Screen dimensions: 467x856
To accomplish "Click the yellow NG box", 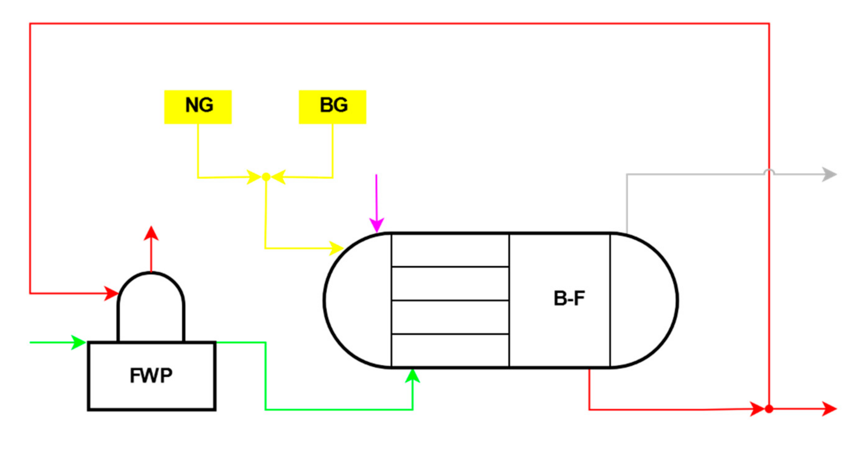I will tap(198, 107).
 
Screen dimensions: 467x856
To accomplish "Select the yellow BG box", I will tap(332, 107).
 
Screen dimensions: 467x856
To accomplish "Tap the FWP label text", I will tap(151, 376).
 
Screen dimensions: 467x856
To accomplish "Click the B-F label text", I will tap(569, 298).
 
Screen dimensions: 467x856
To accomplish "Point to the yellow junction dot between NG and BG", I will tap(266, 177).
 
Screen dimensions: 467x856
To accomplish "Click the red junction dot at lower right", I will tap(769, 409).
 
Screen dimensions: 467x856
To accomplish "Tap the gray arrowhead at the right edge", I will tap(829, 174).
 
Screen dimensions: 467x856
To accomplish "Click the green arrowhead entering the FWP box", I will tap(79, 342).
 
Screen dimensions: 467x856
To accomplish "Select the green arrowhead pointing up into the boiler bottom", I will tap(412, 376).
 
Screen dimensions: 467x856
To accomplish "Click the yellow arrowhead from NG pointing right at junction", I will tap(254, 177).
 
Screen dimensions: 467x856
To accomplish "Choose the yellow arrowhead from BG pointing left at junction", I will tap(278, 177).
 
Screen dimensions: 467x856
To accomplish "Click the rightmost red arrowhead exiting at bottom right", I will tap(829, 409).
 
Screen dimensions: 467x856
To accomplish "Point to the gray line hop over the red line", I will tap(769, 172).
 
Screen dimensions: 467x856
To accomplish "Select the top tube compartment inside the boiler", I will tap(450, 251).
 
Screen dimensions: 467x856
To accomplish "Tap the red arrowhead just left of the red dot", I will tap(757, 409).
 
